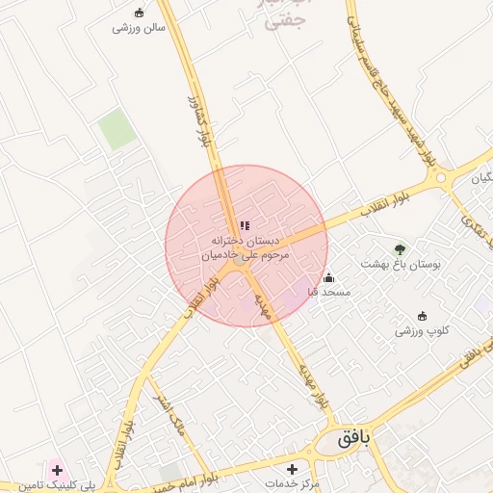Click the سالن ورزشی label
(141, 28)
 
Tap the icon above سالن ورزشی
(141, 13)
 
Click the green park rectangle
(119, 130)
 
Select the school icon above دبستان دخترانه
(245, 225)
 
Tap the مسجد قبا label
(329, 291)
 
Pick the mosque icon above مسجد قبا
(329, 277)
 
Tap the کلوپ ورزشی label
(421, 330)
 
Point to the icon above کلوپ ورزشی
(421, 316)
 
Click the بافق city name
(360, 439)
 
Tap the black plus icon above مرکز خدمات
(293, 468)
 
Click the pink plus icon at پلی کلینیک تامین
(57, 470)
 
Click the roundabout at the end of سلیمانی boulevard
(442, 177)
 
